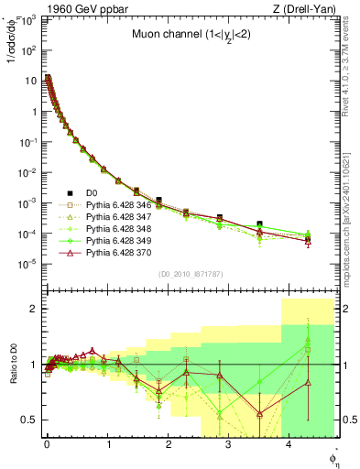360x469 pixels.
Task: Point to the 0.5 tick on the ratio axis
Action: point(32,420)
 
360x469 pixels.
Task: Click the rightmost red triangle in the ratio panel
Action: point(308,383)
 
